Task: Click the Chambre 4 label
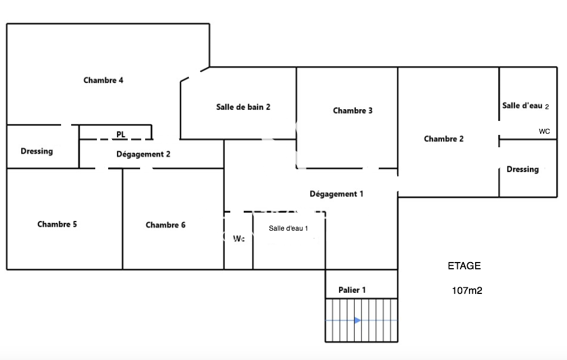pos(103,80)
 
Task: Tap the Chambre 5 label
pos(57,225)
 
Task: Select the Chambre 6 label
pos(165,225)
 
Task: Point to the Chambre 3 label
pos(352,111)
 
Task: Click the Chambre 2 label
pos(444,139)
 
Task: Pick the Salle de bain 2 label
pos(243,106)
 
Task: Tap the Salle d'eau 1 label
pos(289,228)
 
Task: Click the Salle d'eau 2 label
pos(526,106)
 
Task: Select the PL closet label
pos(121,134)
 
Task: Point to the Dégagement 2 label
pos(143,154)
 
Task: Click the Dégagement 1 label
pos(336,194)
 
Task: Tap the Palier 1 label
pos(352,290)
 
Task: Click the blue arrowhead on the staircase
pos(357,320)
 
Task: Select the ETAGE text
pos(464,266)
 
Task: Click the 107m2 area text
pos(467,291)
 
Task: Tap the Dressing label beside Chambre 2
pos(522,169)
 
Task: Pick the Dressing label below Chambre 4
pos(37,151)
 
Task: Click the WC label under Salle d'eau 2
pos(544,132)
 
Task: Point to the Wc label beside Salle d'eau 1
pos(239,239)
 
